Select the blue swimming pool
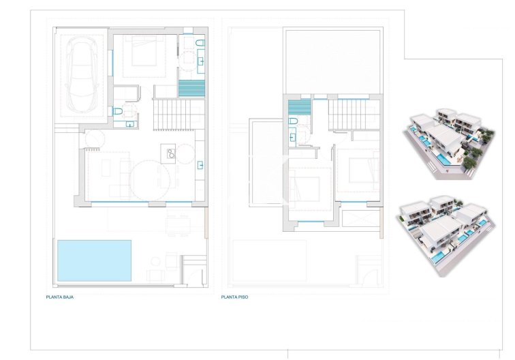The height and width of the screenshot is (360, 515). (x=94, y=260)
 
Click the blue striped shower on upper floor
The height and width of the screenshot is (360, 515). (x=298, y=106)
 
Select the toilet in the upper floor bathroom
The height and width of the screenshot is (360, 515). (x=294, y=122)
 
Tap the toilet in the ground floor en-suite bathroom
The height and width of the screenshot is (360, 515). (x=200, y=44)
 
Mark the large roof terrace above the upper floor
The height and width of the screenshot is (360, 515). (x=332, y=59)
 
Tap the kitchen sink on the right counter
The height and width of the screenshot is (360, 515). (x=202, y=164)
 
